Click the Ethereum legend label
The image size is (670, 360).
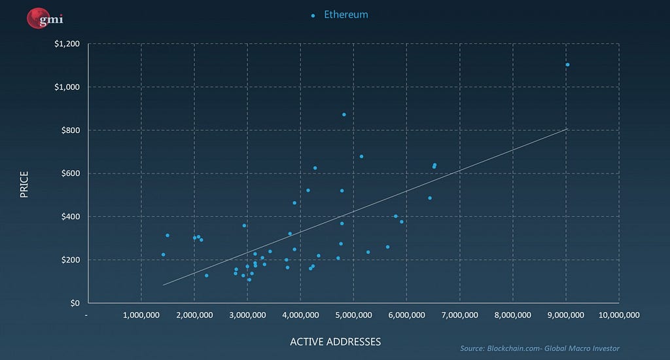click(346, 14)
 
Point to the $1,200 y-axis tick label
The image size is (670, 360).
click(67, 44)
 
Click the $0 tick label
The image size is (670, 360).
click(75, 303)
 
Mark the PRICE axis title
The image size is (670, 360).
click(25, 184)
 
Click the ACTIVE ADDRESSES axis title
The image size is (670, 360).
click(335, 342)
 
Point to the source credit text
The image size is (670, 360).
click(540, 348)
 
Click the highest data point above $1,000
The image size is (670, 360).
click(567, 65)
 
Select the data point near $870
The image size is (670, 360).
click(344, 115)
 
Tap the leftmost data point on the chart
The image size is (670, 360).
click(163, 255)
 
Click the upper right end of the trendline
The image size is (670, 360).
click(567, 129)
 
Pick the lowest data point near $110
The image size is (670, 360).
click(249, 279)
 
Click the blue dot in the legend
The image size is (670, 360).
click(313, 15)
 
